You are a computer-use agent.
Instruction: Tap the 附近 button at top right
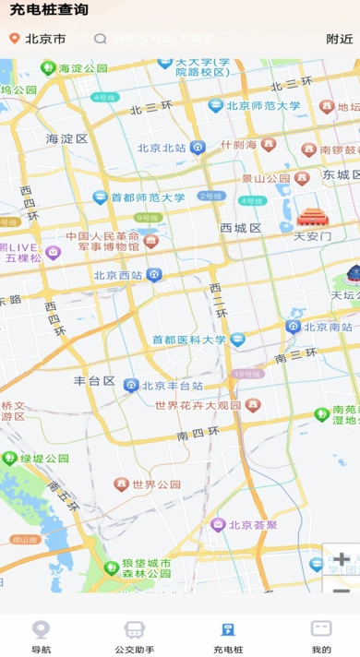pos(339,39)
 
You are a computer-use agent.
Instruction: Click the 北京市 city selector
pos(44,39)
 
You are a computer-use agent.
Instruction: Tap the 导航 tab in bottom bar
pos(41,636)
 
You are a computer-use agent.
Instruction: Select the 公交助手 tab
pos(135,636)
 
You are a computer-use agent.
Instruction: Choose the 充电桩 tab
pos(227,636)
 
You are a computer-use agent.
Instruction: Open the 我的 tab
pos(321,636)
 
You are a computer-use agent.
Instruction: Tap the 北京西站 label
pos(117,275)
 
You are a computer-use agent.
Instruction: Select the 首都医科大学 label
pos(189,340)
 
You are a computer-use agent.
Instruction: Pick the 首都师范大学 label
pos(148,197)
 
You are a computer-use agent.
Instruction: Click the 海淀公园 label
pos(83,67)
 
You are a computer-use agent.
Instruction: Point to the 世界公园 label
pos(156,484)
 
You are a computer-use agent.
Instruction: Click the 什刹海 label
pos(238,145)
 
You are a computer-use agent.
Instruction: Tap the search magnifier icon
pos(101,39)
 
